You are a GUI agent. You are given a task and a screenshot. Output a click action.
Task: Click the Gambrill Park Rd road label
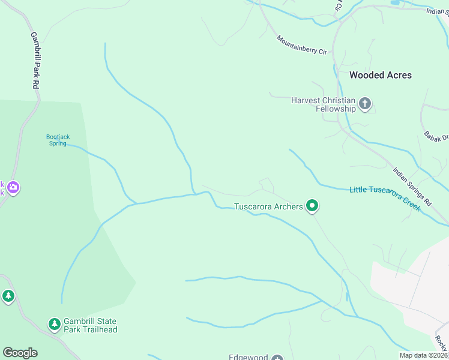pyautogui.click(x=35, y=61)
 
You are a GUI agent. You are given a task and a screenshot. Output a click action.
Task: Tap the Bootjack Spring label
pyautogui.click(x=58, y=140)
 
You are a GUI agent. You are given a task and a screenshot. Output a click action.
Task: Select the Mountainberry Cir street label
pyautogui.click(x=301, y=46)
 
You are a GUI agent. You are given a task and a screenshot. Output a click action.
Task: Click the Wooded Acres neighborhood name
pyautogui.click(x=381, y=75)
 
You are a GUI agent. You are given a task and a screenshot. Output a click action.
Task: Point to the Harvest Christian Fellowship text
pyautogui.click(x=324, y=104)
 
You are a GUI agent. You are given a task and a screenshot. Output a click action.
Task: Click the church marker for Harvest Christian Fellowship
pyautogui.click(x=364, y=105)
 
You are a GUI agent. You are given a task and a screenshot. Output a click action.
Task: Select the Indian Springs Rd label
pyautogui.click(x=412, y=187)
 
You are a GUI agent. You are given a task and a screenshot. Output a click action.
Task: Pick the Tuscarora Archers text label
pyautogui.click(x=268, y=207)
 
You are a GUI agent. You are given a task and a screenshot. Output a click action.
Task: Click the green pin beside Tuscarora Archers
pyautogui.click(x=312, y=206)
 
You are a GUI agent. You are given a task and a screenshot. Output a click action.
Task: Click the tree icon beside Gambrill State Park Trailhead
pyautogui.click(x=55, y=325)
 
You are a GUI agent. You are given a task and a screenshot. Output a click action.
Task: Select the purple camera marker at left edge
pyautogui.click(x=13, y=188)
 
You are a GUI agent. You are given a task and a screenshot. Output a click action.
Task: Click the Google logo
pyautogui.click(x=20, y=353)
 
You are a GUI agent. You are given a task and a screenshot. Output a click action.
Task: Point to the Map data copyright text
pyautogui.click(x=423, y=355)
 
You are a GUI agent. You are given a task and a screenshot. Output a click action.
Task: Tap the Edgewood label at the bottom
pyautogui.click(x=248, y=357)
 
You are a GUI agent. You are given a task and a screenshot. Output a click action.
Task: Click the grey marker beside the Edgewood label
pyautogui.click(x=277, y=358)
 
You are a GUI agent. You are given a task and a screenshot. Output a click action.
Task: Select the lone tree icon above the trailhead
pyautogui.click(x=8, y=296)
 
